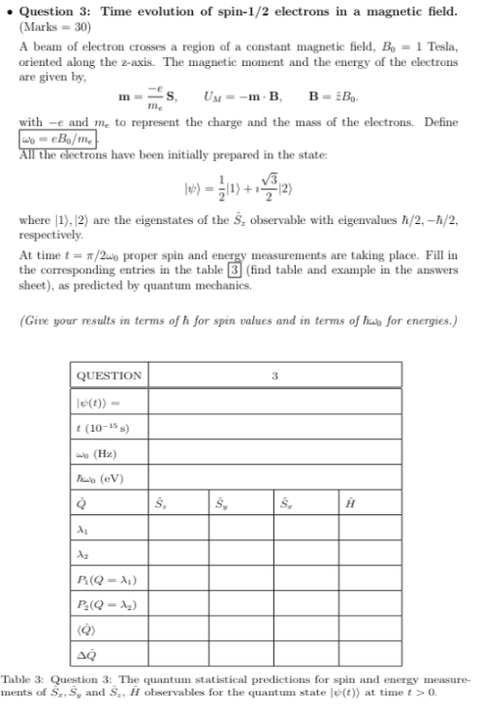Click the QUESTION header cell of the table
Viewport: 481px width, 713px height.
(109, 375)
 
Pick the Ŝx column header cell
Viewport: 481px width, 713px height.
(160, 501)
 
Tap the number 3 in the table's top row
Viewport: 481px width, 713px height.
(275, 375)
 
